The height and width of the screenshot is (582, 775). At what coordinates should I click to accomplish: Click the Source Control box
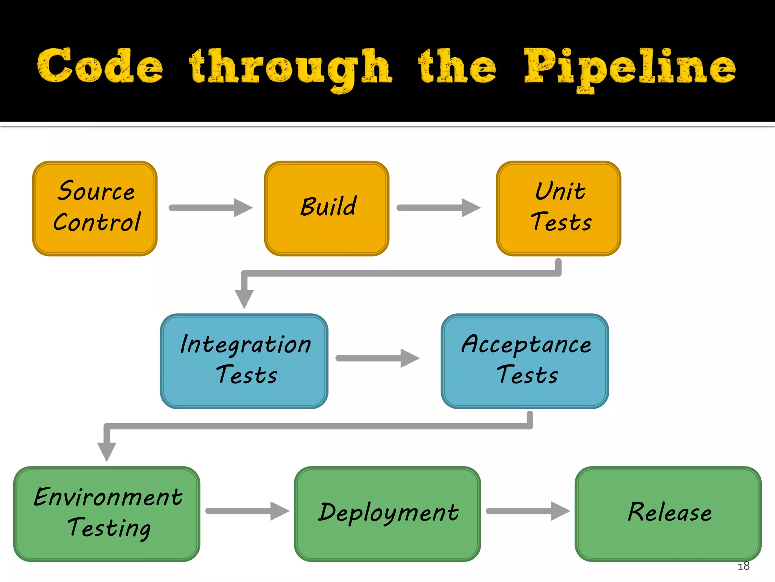95,208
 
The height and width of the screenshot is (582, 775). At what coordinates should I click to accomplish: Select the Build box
327,208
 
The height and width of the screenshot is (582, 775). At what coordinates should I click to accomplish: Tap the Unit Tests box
559,208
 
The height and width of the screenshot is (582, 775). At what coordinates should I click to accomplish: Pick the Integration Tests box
244,361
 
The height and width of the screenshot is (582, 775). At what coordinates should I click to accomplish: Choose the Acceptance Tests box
525,361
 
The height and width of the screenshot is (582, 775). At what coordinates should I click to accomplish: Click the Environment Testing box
107,513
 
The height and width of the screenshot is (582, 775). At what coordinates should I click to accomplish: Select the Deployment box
387,513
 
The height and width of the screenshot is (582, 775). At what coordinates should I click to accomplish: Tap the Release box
668,513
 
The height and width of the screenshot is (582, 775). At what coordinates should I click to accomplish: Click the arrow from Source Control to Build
210,208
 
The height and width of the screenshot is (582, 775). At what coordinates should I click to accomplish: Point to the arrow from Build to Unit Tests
438,208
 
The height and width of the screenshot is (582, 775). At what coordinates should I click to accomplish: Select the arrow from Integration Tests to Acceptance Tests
377,358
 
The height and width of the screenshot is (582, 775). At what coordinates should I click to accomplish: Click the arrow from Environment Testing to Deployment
247,511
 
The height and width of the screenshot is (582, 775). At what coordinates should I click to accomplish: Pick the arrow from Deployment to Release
528,511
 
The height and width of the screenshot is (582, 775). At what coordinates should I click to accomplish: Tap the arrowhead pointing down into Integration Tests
244,298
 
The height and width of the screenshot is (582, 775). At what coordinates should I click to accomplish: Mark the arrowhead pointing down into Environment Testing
107,451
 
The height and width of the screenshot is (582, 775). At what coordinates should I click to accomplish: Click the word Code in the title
100,66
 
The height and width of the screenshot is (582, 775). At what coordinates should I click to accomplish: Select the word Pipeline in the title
630,68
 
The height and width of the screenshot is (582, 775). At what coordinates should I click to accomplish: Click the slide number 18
743,566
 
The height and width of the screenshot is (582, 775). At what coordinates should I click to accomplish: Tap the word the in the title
457,66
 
